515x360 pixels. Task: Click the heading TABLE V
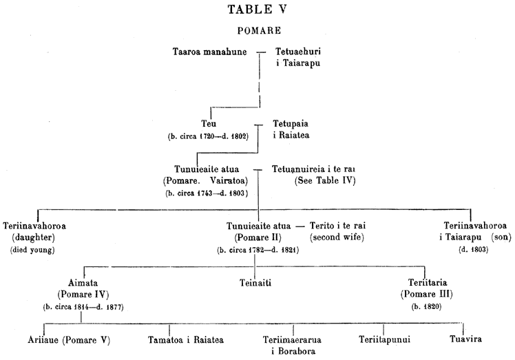pos(257,9)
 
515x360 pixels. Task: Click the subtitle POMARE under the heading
pos(259,30)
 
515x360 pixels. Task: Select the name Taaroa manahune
pos(210,52)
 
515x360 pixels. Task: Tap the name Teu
pos(209,123)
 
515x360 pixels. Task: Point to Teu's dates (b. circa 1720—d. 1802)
pos(208,136)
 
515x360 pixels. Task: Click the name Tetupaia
pos(291,123)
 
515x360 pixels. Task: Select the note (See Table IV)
pos(325,180)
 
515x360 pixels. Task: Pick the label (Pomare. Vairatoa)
pos(205,180)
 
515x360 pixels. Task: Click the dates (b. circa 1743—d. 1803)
pos(207,193)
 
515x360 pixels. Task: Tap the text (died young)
pos(32,250)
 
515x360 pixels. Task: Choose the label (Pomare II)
pos(257,237)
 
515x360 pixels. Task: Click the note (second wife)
pos(337,237)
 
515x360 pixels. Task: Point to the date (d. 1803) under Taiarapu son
pos(473,250)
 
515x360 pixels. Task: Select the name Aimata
pos(83,282)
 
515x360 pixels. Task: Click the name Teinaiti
pos(255,282)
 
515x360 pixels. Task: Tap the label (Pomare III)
pos(427,294)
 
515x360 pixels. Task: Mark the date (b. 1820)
pos(426,307)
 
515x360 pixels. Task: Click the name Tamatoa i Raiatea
pos(186,339)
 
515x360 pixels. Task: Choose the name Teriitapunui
pos(384,339)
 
